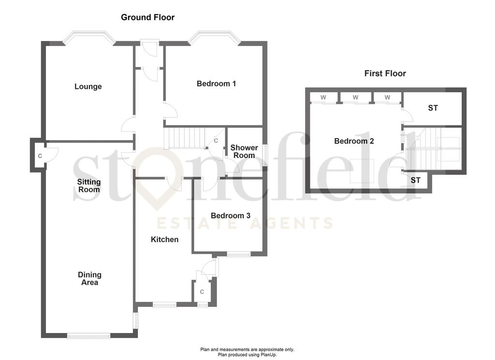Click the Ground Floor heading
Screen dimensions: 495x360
[147, 17]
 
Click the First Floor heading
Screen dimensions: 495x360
[385, 73]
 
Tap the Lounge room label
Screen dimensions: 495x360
[88, 86]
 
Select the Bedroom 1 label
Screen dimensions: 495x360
[216, 84]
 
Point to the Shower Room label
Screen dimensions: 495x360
[244, 151]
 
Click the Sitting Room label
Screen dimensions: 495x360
[89, 186]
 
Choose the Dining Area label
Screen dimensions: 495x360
[89, 279]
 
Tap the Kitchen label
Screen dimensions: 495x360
[164, 240]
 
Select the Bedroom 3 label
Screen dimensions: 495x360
[231, 216]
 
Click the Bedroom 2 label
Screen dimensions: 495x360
[354, 141]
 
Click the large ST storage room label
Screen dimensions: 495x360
[433, 108]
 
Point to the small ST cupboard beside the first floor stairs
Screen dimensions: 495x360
[415, 180]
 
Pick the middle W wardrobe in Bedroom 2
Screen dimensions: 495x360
[355, 98]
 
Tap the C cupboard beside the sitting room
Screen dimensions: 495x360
[40, 156]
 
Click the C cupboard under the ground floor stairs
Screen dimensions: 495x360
[216, 141]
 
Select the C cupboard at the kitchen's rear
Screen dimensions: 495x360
[202, 292]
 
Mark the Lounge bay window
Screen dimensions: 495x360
[88, 37]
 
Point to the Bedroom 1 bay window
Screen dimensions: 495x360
[214, 37]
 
